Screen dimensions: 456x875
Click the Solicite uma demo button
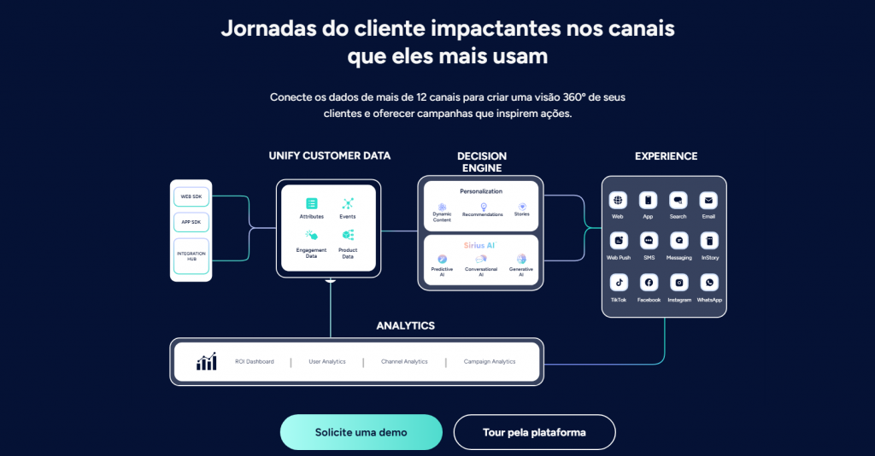[361, 432]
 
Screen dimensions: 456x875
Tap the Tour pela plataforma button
[534, 432]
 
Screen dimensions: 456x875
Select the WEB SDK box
[191, 196]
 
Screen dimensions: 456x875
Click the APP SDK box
[191, 223]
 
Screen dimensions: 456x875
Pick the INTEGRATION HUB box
[191, 256]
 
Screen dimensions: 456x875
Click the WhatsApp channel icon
[709, 282]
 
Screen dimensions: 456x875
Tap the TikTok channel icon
[618, 282]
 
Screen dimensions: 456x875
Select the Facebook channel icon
[649, 282]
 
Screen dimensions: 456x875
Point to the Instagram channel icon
[678, 282]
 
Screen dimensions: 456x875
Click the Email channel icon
[708, 200]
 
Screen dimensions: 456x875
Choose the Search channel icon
[678, 200]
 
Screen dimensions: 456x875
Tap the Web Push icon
[618, 241]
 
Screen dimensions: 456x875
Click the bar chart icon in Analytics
[206, 362]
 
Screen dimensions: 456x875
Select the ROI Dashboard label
[255, 362]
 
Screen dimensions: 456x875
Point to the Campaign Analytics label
[490, 362]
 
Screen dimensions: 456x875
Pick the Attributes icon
[311, 203]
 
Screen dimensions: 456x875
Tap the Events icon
[348, 203]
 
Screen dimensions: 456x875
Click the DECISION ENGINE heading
[482, 162]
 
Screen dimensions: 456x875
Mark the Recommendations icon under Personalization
[483, 207]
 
